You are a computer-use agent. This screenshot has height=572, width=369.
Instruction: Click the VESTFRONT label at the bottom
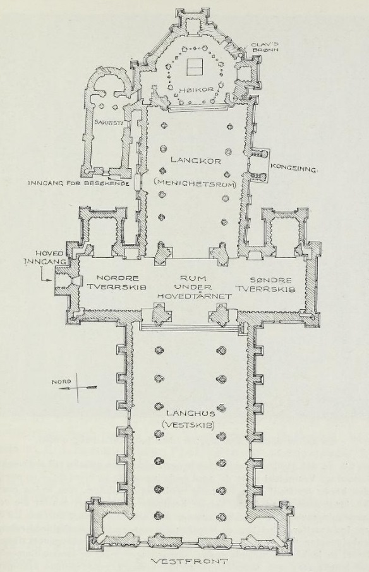click(190, 561)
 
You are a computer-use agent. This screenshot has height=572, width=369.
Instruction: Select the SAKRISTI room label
click(108, 123)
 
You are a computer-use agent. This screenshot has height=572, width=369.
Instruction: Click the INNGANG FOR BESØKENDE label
click(79, 183)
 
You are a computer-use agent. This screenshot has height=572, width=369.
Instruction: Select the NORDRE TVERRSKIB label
click(116, 283)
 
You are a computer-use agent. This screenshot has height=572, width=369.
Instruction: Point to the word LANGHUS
click(191, 413)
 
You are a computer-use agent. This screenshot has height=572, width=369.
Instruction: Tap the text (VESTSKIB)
click(190, 425)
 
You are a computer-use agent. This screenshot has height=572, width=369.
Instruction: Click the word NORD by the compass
click(61, 382)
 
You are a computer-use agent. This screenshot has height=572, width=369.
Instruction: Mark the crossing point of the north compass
click(77, 388)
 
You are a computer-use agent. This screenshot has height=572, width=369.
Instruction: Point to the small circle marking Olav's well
click(241, 55)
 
